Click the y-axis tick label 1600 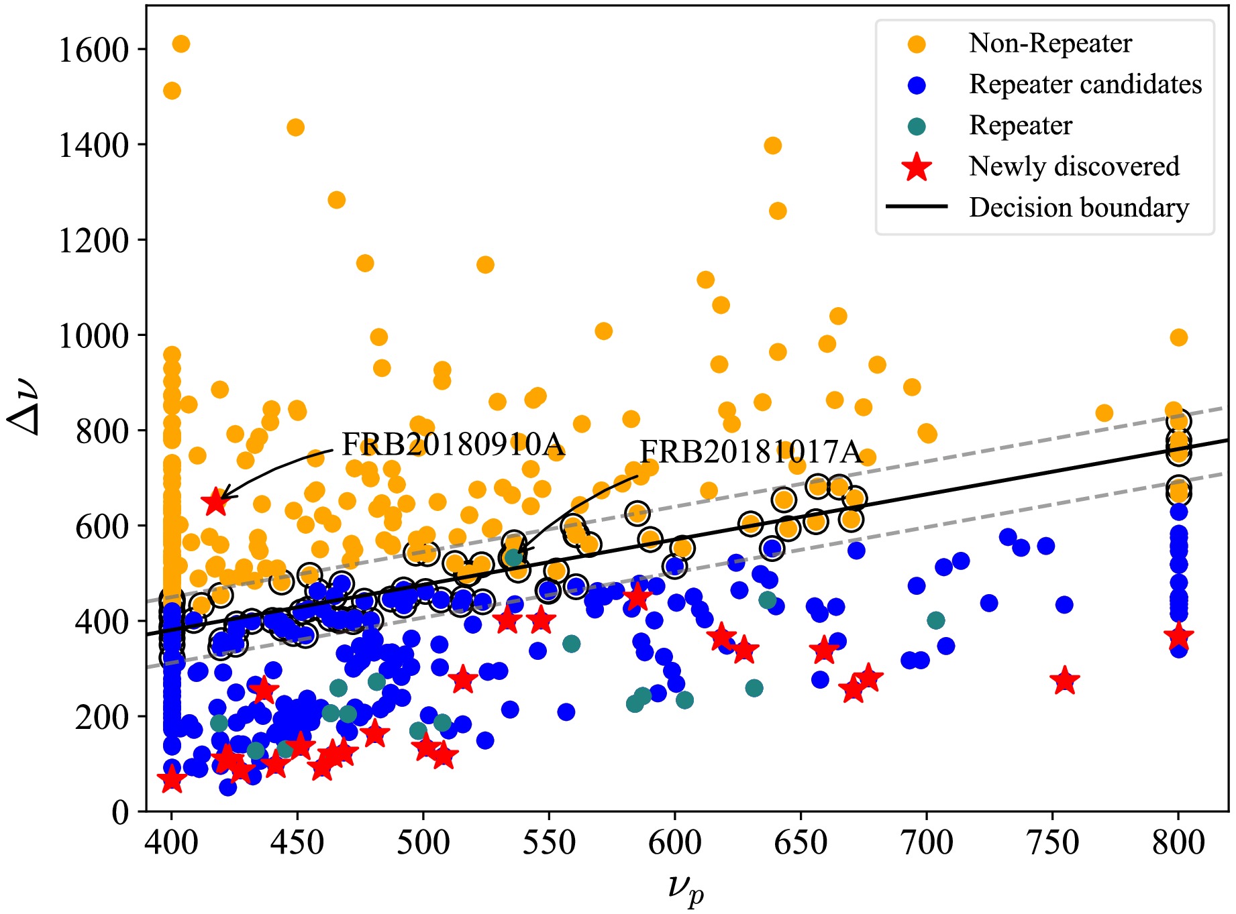click(93, 50)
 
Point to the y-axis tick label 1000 click(93, 336)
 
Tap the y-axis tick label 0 click(120, 812)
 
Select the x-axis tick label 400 click(172, 843)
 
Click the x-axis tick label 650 click(801, 843)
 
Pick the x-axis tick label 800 click(1178, 843)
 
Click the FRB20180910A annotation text click(453, 444)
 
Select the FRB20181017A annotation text click(750, 452)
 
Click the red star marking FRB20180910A click(215, 502)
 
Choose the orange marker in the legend click(917, 44)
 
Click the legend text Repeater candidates click(1085, 84)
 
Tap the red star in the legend click(917, 166)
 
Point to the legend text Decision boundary click(1078, 208)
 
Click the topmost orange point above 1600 click(181, 44)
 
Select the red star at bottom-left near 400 click(172, 779)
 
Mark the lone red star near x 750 click(1065, 681)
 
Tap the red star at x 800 click(1178, 637)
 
